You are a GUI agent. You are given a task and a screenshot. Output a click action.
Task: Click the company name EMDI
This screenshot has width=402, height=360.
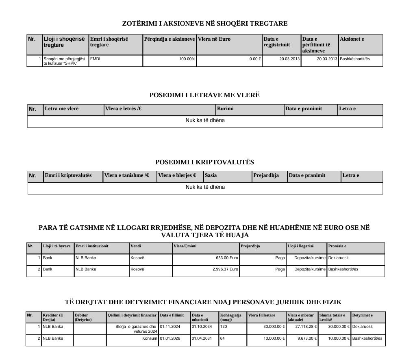(95, 59)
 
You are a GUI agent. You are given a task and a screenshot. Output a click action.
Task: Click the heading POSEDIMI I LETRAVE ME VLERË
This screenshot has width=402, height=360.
(204, 95)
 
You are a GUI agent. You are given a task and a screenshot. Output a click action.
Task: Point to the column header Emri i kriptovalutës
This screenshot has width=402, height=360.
(68, 175)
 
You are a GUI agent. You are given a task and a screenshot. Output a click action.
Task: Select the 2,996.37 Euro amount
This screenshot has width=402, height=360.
(224, 269)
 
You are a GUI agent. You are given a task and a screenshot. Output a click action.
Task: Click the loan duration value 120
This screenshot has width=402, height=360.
(224, 327)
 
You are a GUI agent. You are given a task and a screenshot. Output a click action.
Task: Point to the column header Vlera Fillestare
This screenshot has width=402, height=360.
(261, 315)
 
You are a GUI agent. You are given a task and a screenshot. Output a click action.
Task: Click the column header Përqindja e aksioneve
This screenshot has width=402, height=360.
(169, 39)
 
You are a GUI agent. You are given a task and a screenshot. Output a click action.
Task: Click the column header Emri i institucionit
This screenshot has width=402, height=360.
(91, 246)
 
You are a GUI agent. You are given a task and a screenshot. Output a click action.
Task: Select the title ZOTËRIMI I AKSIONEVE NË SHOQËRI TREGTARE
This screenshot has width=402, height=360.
(205, 23)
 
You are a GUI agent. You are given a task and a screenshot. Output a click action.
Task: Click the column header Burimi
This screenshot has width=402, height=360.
(226, 109)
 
